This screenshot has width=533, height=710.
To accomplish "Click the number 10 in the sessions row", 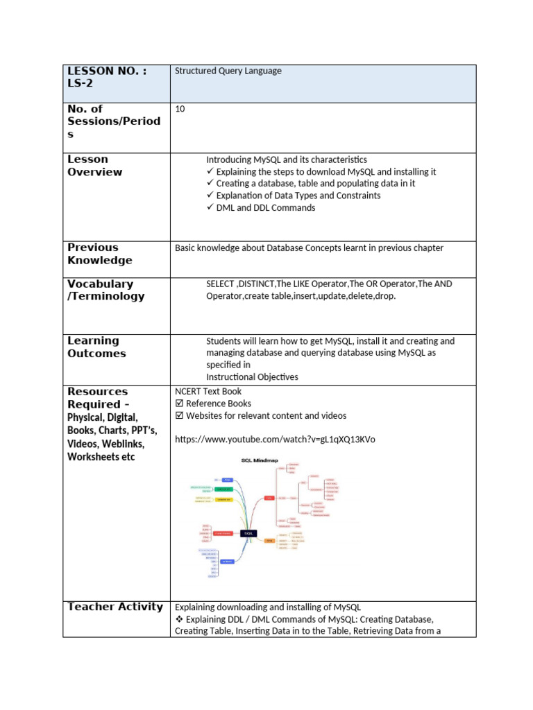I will coord(180,109).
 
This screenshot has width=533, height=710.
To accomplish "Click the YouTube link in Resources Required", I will coord(275,440).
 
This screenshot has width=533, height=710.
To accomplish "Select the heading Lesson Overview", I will coord(95,166).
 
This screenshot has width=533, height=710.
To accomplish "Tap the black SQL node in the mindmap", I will coord(248,533).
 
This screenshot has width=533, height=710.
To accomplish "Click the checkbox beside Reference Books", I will coord(179,404).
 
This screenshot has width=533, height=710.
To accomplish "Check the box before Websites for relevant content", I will coord(179,416).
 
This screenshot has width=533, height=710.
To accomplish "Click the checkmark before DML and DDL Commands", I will coord(210,208).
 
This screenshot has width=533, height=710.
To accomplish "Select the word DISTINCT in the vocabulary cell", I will coord(256,284).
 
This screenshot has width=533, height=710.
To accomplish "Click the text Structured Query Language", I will coord(228,71).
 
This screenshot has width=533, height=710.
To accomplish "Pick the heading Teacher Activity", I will coord(115,607).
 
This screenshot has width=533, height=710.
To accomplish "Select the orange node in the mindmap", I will coord(269,541).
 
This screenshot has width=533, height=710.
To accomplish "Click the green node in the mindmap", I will coord(223,489).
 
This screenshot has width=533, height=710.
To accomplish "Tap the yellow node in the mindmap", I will coord(223,499).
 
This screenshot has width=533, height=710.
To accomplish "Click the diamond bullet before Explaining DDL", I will coord(179,619).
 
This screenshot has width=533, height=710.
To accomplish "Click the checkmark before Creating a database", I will coord(210,183).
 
